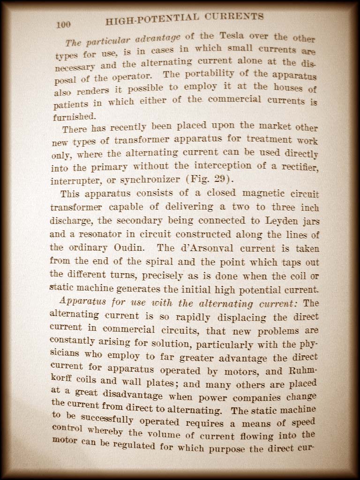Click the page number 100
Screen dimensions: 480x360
[x=63, y=25]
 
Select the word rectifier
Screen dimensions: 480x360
[x=298, y=167]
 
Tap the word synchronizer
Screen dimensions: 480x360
[x=151, y=180]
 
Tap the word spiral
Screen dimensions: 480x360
[x=141, y=262]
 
